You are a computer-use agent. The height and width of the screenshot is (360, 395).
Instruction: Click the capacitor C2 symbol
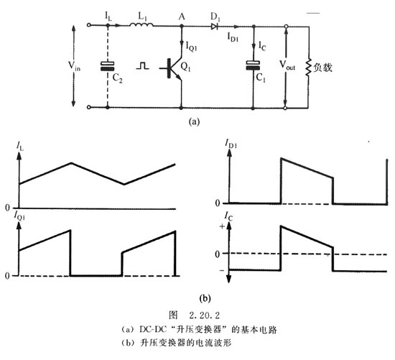click(108, 65)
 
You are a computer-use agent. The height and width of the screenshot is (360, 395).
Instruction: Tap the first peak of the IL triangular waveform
click(70, 162)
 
